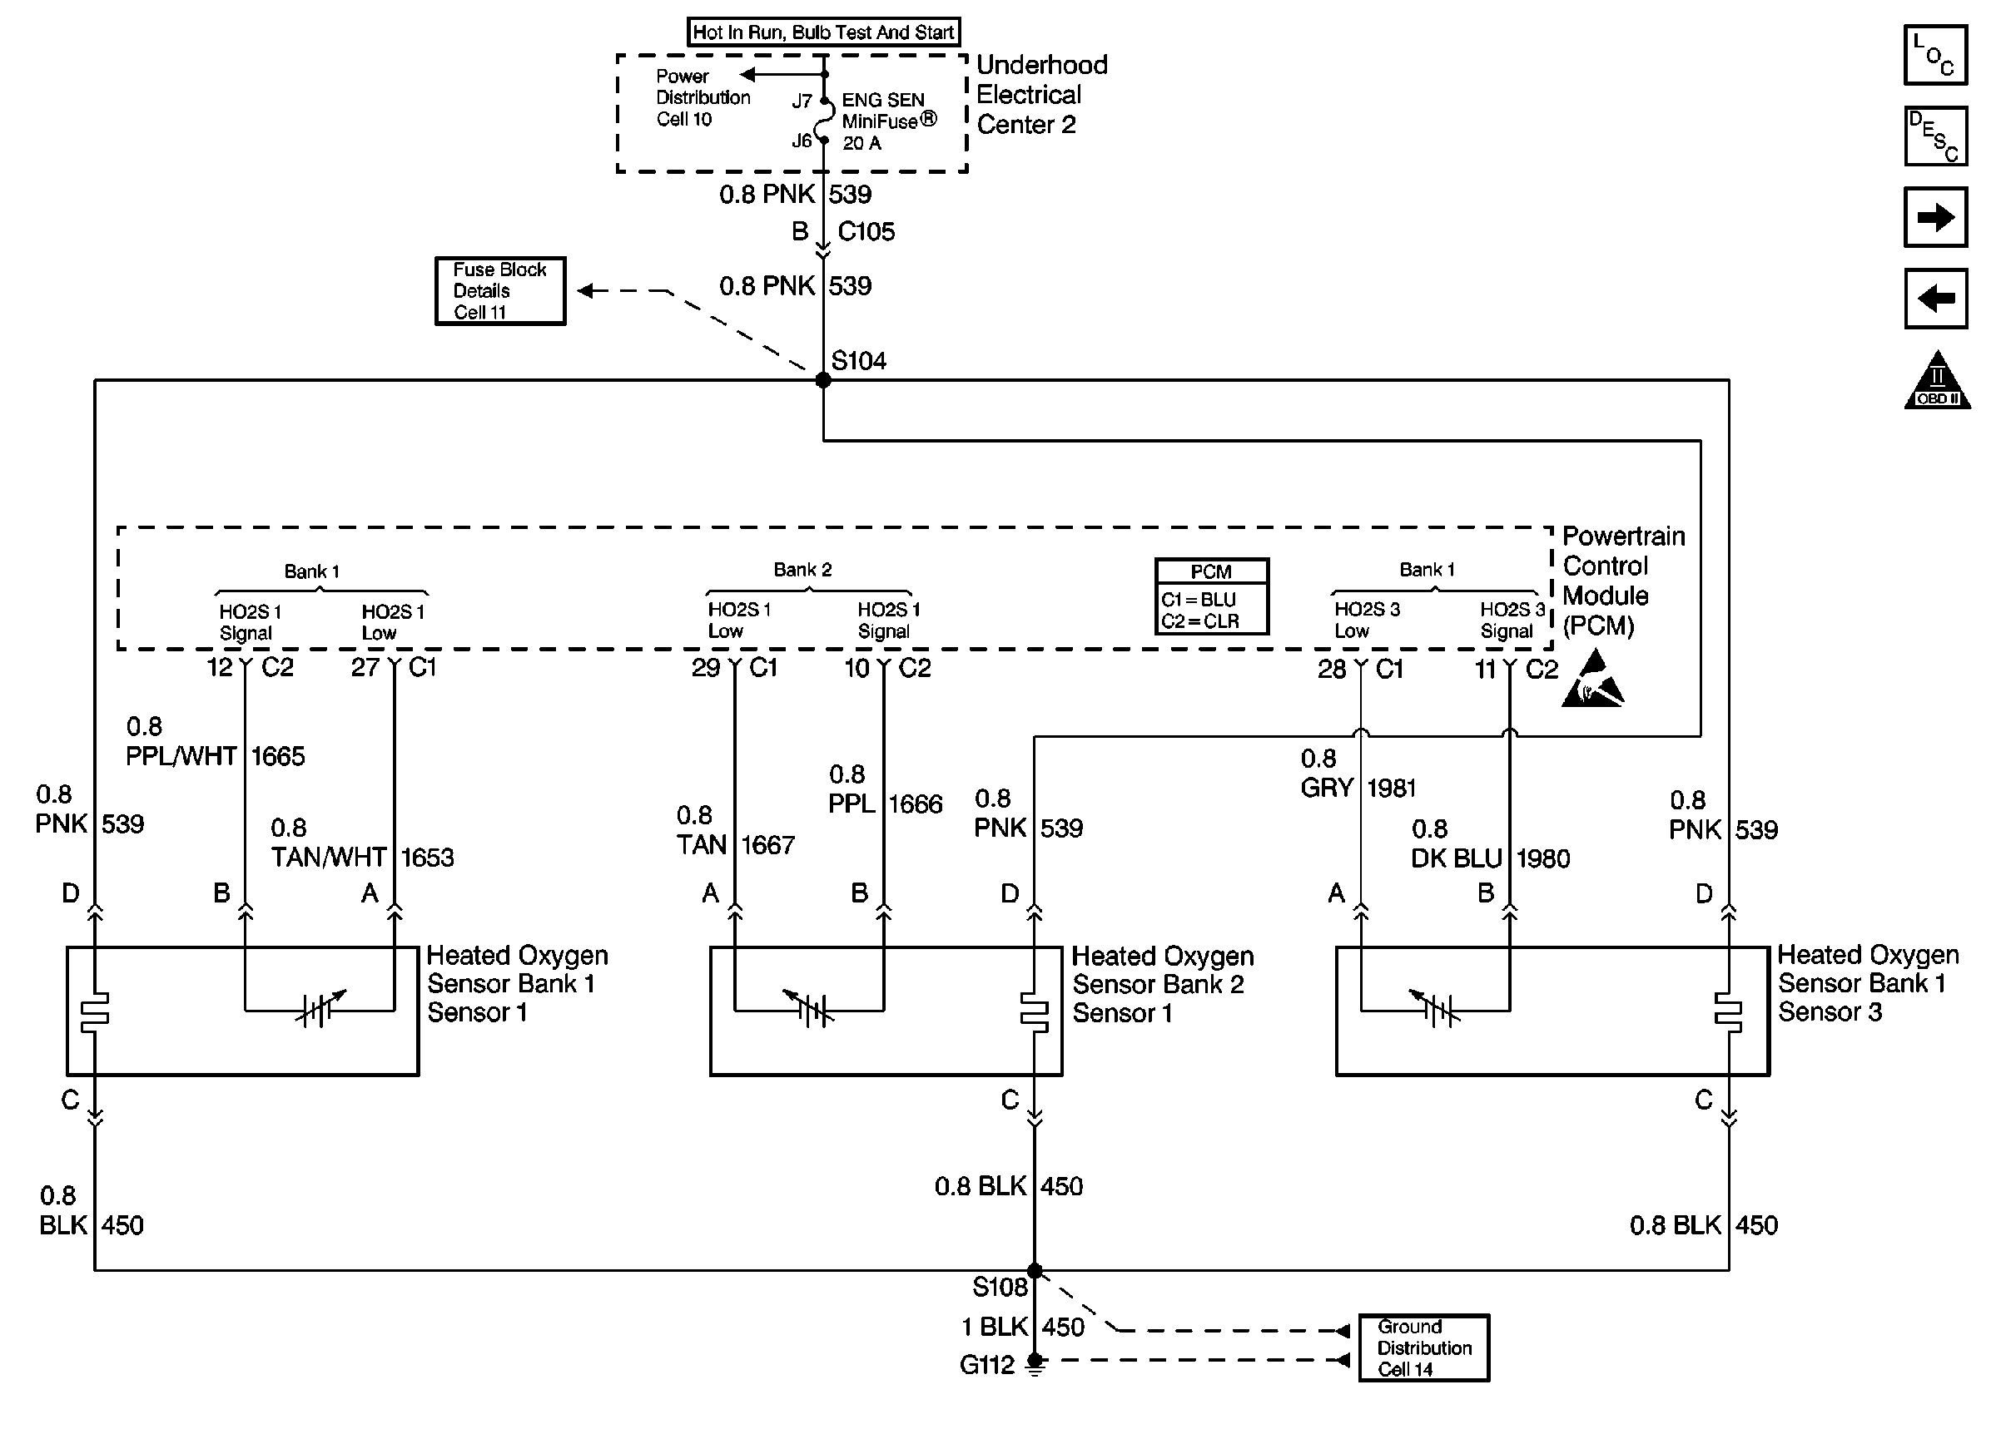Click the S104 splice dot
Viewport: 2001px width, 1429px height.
pos(823,380)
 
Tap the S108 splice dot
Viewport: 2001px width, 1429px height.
pos(1035,1271)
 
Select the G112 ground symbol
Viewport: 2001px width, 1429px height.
pos(1035,1364)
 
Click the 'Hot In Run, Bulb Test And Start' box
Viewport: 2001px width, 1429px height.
pos(823,32)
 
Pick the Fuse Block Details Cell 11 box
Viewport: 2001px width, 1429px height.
pos(500,291)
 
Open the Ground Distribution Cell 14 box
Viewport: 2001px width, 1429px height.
pos(1423,1348)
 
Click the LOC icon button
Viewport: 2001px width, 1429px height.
pos(1935,56)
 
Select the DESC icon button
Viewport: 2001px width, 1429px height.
pos(1935,136)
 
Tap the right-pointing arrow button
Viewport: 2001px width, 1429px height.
pos(1935,217)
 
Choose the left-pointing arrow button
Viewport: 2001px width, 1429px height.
pos(1935,299)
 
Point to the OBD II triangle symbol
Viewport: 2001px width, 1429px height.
pos(1937,383)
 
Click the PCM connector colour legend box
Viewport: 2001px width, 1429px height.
pos(1211,596)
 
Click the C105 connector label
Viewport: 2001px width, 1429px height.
pos(866,231)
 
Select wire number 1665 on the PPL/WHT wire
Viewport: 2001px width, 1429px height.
pos(278,757)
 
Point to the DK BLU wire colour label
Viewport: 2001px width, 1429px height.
pos(1456,858)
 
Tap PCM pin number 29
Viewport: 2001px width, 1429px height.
pos(706,668)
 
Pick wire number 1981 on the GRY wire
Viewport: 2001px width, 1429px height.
pos(1391,789)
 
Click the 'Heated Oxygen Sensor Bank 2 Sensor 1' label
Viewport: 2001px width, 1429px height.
pos(1162,985)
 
